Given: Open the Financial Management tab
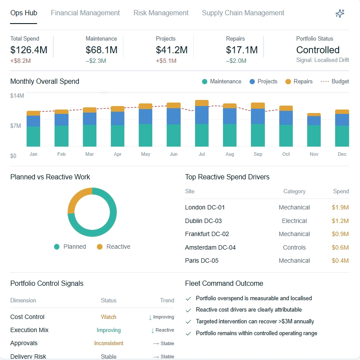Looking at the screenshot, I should (x=85, y=13).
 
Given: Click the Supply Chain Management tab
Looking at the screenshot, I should (x=243, y=13).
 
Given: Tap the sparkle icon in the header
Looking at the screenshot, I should (x=340, y=14).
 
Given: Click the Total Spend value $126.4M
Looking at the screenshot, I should (x=29, y=50).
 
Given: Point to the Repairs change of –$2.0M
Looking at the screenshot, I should (x=236, y=61).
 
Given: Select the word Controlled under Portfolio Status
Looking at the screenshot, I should (x=318, y=50).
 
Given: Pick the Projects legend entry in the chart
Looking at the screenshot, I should (x=263, y=82).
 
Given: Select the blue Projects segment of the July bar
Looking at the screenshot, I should (x=202, y=115).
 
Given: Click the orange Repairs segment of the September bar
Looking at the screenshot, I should (x=258, y=106).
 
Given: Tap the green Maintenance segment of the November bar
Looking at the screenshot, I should (x=314, y=136).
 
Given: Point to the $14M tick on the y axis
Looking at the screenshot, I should (x=17, y=95).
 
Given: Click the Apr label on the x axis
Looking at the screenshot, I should (x=117, y=154).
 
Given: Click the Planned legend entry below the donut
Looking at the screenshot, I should (x=70, y=247).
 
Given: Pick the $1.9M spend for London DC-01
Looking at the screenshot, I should (x=340, y=207).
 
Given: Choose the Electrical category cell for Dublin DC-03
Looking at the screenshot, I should (x=294, y=221).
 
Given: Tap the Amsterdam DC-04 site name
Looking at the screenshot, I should (x=210, y=247).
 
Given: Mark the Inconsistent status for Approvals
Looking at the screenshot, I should (x=109, y=343).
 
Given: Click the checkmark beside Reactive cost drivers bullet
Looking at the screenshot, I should (x=189, y=310).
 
